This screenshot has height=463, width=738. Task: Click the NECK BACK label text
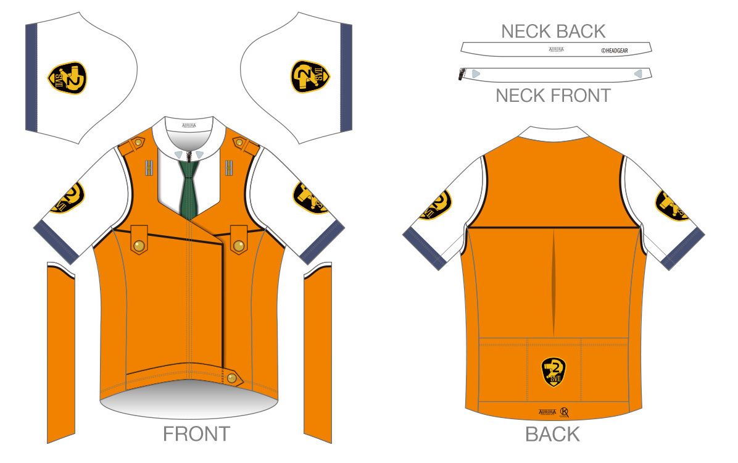tap(553, 31)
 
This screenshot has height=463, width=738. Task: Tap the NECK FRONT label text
tap(553, 96)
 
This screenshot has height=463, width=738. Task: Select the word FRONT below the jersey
tap(196, 434)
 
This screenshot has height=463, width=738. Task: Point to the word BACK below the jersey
tap(552, 434)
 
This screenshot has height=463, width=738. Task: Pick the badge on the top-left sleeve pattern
tap(67, 78)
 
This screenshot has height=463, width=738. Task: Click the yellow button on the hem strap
tap(231, 378)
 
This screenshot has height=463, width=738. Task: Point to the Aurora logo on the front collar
tap(189, 125)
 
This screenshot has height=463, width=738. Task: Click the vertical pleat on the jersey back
tap(553, 272)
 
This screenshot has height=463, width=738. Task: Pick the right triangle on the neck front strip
tap(638, 73)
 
